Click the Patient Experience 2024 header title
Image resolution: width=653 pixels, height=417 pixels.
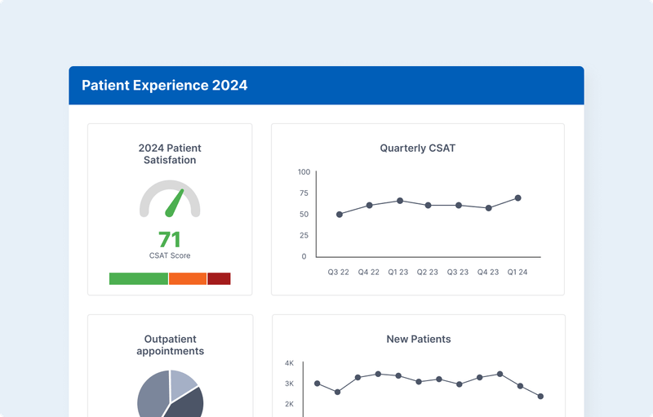[x=164, y=85]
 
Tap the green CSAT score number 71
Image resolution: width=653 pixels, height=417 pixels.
[x=170, y=239]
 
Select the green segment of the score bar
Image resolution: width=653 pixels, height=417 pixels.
[x=139, y=278]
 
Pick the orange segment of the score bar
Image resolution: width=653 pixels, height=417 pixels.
[x=188, y=278]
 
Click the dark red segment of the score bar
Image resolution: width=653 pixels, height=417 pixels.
[x=219, y=278]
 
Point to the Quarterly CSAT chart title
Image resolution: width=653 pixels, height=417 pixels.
[x=417, y=148]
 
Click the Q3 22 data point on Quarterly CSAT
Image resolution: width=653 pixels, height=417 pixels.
[x=340, y=215]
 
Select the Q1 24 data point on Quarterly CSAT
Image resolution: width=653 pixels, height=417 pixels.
[x=518, y=198]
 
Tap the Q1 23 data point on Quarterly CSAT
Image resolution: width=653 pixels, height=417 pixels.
[x=400, y=201]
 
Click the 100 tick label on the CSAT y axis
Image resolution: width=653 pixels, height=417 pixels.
[x=304, y=172]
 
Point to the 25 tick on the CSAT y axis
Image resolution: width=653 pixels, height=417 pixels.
[x=304, y=235]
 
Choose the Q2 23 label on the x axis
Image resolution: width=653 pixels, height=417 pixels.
[x=428, y=273]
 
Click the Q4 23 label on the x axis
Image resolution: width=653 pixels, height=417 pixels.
[x=488, y=273]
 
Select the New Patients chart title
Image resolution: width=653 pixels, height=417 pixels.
[x=418, y=339]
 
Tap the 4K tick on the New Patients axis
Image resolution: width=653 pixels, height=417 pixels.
[x=289, y=363]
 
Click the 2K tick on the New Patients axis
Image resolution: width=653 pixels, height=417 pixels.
[x=289, y=404]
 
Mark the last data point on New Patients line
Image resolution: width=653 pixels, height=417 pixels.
[x=540, y=397]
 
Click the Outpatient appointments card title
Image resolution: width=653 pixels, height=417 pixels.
[x=170, y=345]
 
